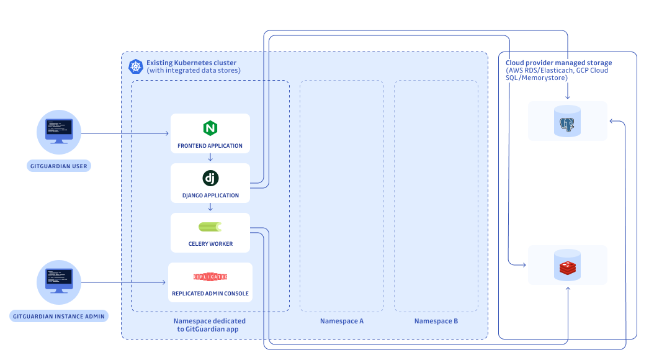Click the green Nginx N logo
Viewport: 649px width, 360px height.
click(210, 128)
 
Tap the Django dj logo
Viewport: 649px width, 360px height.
click(210, 178)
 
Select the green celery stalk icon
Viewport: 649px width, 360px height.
click(210, 227)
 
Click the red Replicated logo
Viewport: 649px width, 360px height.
click(210, 277)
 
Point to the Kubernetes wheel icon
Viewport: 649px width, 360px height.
click(136, 66)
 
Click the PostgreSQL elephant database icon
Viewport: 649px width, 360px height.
click(568, 121)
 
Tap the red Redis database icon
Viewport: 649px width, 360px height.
click(568, 265)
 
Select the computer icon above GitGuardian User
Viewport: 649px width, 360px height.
click(59, 132)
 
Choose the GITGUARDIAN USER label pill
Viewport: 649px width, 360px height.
click(59, 166)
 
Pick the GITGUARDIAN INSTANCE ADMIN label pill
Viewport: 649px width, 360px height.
click(59, 316)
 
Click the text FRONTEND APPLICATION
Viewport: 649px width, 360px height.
click(210, 146)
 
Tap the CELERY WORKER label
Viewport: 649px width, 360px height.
click(210, 244)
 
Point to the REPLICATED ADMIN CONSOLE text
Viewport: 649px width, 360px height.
click(210, 294)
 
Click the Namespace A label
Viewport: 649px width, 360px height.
click(341, 321)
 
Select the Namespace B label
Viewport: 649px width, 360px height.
click(436, 321)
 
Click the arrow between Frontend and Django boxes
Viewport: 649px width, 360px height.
click(210, 158)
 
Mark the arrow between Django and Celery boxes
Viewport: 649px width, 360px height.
click(210, 207)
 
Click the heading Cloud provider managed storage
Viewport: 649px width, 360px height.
click(559, 63)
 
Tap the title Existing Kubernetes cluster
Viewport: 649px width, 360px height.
click(191, 63)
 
